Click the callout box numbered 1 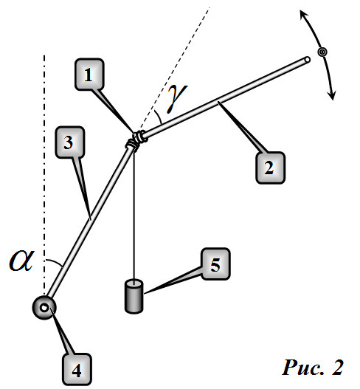click(89, 74)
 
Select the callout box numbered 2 click(270, 168)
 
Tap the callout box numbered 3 click(70, 142)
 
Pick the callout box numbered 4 click(77, 369)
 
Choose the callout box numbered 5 click(215, 264)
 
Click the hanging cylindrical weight click(134, 296)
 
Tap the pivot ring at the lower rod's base click(44, 308)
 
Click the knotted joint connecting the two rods click(136, 140)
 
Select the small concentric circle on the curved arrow click(322, 52)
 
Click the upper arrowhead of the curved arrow click(303, 16)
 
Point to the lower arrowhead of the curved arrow click(332, 95)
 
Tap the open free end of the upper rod click(307, 60)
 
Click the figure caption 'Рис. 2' click(312, 368)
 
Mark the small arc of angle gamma click(158, 117)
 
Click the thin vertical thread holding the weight click(134, 215)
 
